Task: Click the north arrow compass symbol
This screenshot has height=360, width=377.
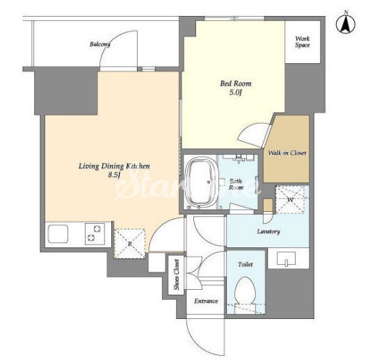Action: pyautogui.click(x=346, y=24)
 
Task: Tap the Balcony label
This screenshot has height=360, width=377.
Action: pyautogui.click(x=100, y=44)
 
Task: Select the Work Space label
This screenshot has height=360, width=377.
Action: pyautogui.click(x=303, y=42)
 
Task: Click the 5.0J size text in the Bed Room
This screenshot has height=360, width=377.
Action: pyautogui.click(x=235, y=92)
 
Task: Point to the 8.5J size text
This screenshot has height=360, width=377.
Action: pyautogui.click(x=114, y=175)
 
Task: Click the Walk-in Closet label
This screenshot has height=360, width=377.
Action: pyautogui.click(x=287, y=153)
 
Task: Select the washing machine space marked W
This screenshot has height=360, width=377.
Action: pyautogui.click(x=290, y=199)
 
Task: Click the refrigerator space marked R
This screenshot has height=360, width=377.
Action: pyautogui.click(x=130, y=243)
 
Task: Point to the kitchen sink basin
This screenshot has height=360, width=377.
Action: pyautogui.click(x=58, y=234)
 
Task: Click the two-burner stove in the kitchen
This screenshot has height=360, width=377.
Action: pyautogui.click(x=95, y=234)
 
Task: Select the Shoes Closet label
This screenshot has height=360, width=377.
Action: pyautogui.click(x=177, y=275)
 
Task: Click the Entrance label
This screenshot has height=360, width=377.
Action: pyautogui.click(x=206, y=301)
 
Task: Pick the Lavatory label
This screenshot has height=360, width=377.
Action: pyautogui.click(x=268, y=231)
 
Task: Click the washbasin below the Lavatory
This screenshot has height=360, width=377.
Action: pyautogui.click(x=286, y=259)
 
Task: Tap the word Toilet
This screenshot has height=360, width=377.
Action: pyautogui.click(x=246, y=264)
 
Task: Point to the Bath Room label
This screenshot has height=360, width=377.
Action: pyautogui.click(x=236, y=184)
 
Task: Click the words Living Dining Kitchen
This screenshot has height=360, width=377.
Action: pyautogui.click(x=114, y=166)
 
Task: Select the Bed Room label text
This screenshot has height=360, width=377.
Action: pyautogui.click(x=236, y=83)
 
